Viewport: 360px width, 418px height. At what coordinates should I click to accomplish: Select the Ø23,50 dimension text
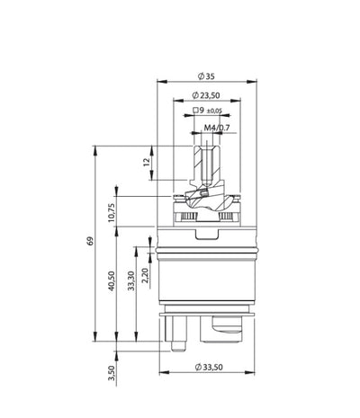pyautogui.click(x=209, y=95)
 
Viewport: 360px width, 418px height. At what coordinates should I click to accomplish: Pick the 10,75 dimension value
pyautogui.click(x=113, y=211)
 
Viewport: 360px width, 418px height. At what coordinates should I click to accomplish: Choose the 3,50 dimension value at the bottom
pyautogui.click(x=111, y=371)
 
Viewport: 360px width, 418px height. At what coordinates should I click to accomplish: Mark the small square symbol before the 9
pyautogui.click(x=197, y=111)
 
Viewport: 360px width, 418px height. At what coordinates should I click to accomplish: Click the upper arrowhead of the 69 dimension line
pyautogui.click(x=94, y=147)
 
